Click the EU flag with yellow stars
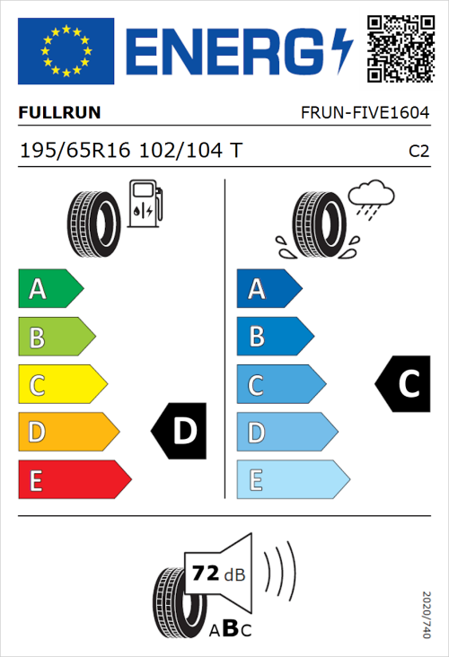click(x=66, y=51)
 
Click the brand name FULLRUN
click(x=60, y=113)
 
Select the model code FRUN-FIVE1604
click(x=365, y=114)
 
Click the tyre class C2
click(x=418, y=152)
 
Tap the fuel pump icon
click(x=145, y=203)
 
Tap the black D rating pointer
click(x=180, y=432)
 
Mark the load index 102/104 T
click(x=189, y=151)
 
